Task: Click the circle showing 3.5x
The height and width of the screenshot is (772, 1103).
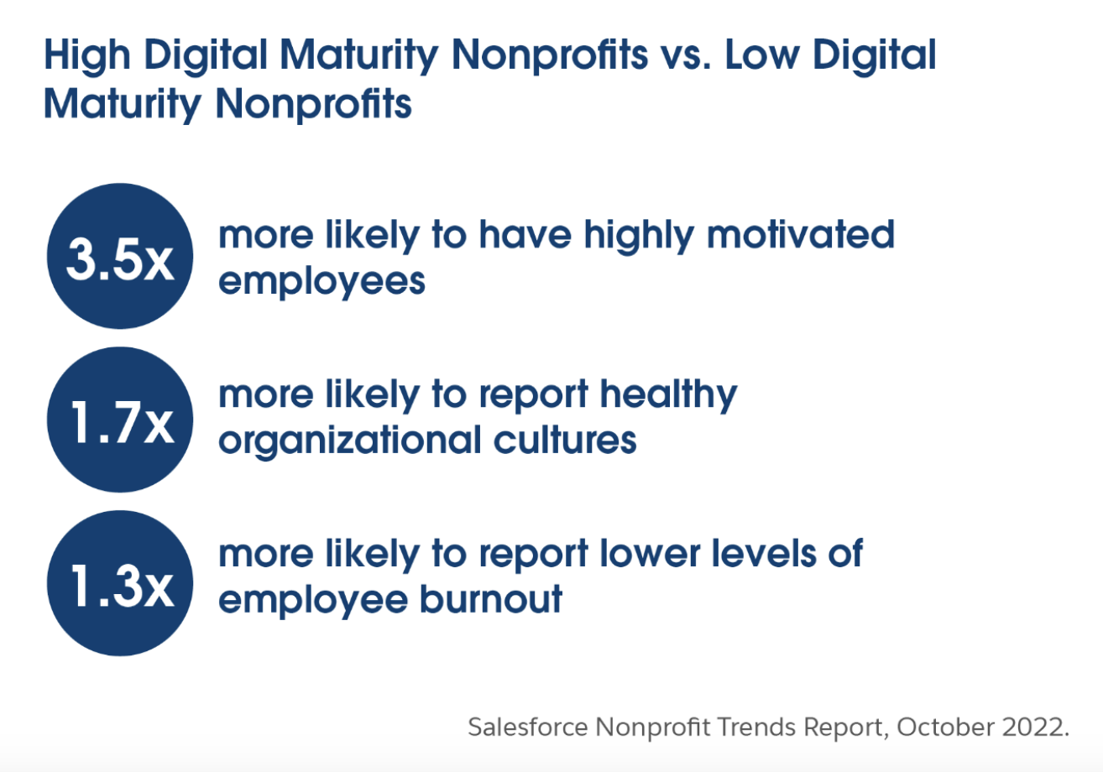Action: (120, 256)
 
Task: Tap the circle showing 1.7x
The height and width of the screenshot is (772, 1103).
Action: (120, 420)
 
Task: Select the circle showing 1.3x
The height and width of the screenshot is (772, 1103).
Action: (120, 583)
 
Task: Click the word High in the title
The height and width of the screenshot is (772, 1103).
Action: (87, 56)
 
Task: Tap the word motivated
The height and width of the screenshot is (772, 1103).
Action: (801, 235)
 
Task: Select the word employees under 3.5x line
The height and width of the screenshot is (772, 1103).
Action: (322, 283)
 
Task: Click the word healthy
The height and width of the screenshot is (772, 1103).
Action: (669, 396)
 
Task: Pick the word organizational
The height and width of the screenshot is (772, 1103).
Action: (350, 441)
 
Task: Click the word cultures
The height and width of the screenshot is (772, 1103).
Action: (565, 439)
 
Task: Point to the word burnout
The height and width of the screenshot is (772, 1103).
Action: (491, 599)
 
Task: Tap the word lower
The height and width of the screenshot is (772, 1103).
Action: (650, 554)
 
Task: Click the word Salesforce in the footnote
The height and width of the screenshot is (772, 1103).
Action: (528, 727)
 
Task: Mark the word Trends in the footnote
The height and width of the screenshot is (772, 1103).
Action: (756, 728)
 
